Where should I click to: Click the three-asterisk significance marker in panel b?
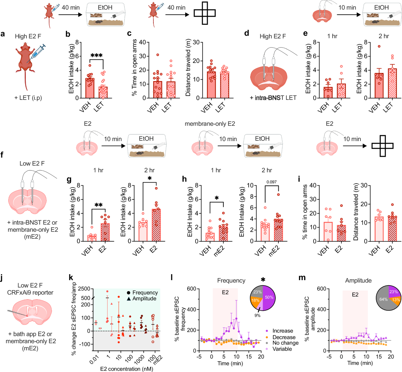(96, 56)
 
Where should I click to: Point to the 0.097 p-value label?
(272, 182)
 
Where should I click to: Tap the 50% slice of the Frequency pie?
(269, 297)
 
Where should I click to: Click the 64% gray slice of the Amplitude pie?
(383, 299)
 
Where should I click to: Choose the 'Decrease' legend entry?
(284, 337)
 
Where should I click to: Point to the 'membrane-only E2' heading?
(210, 124)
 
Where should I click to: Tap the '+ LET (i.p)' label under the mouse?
(28, 98)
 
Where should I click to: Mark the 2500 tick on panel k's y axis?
(84, 289)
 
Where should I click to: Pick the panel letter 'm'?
(301, 277)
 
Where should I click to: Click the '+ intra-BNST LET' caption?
(273, 98)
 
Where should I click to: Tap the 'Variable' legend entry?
(282, 349)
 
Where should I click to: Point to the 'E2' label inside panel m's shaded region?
(355, 295)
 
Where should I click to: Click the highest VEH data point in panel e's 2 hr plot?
(379, 47)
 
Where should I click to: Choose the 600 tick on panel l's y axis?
(191, 289)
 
